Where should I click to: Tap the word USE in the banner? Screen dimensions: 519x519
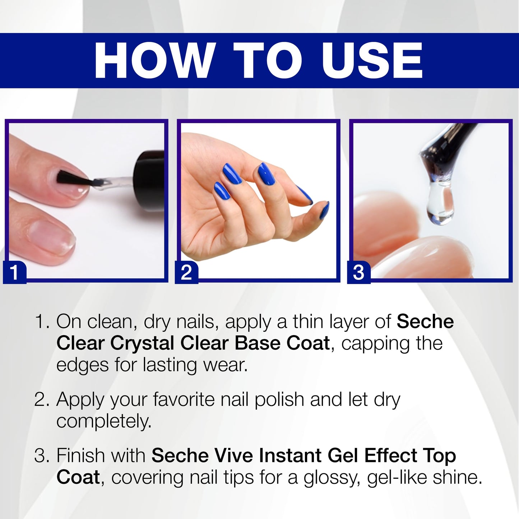[x=372, y=60]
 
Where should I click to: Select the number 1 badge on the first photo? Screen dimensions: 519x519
[x=14, y=272]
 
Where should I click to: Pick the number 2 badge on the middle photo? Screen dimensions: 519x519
[x=186, y=272]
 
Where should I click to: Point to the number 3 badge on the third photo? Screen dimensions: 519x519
[x=359, y=272]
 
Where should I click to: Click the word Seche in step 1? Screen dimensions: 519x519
[x=425, y=321]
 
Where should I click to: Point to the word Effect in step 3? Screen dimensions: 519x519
[x=390, y=455]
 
